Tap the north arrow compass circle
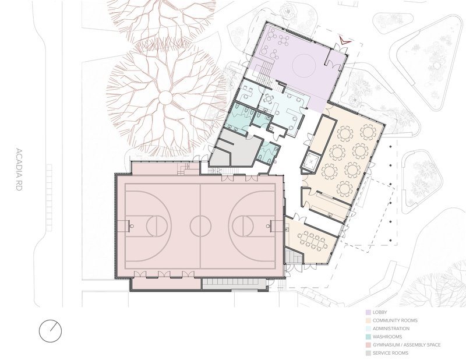(50, 330)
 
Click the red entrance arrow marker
(345, 40)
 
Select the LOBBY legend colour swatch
(369, 312)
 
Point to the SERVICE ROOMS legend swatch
(369, 353)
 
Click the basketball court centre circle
(200, 224)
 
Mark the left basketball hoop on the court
(126, 224)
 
